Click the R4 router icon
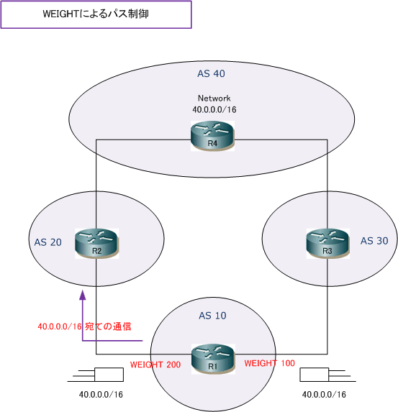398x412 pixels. coord(212,136)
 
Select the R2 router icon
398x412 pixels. coord(97,244)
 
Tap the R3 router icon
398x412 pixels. coord(327,244)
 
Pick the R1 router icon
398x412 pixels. coord(213,359)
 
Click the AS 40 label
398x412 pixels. coord(211,73)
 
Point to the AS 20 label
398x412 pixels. coord(48,242)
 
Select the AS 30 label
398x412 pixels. coord(374,241)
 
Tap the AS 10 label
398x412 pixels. coord(212,316)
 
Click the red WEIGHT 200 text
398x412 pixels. coord(155,365)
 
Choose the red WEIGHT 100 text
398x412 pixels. coord(269,363)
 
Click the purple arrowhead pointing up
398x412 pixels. coord(83,295)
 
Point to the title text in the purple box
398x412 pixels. coord(96,14)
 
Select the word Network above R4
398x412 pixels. coord(214,99)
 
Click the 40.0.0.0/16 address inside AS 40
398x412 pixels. coord(214,109)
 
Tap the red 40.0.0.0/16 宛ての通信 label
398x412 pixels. coord(84,326)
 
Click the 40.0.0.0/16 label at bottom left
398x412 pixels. coord(101,395)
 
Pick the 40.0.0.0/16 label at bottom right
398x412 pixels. coord(324,395)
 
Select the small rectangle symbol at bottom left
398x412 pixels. coord(109,375)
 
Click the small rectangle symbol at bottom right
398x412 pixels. coord(315,375)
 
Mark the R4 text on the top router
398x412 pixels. coord(212,144)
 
